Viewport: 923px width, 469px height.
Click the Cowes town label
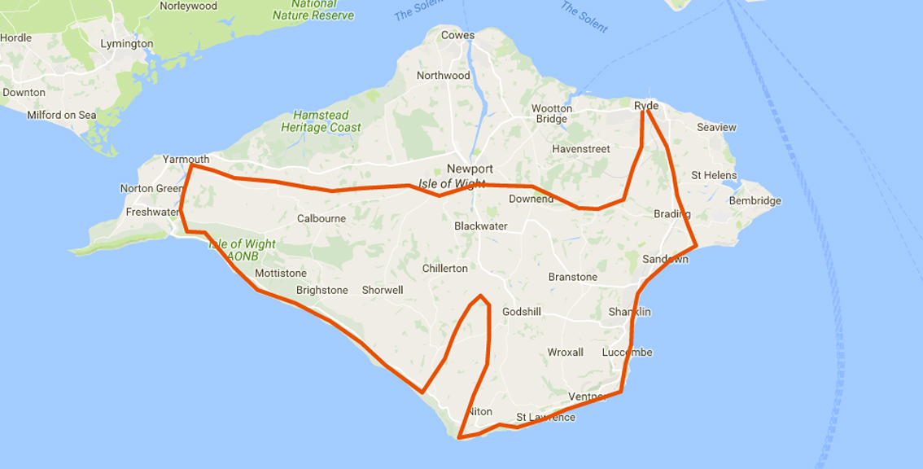457,35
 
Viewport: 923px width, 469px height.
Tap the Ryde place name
645,106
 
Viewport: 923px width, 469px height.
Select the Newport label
470,169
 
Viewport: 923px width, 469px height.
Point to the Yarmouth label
186,159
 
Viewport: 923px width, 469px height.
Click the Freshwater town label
152,213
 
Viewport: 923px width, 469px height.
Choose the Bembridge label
755,200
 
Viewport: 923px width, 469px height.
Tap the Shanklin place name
629,313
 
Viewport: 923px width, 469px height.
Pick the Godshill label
522,312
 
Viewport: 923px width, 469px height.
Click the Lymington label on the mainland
126,43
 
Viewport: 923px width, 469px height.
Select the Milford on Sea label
62,116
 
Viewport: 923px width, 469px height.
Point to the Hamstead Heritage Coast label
321,121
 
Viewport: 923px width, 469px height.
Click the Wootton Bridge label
551,114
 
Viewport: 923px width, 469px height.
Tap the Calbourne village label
321,218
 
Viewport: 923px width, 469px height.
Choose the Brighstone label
322,290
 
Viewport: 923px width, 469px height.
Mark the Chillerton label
445,268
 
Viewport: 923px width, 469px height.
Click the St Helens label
714,175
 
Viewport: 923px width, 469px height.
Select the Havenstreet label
581,149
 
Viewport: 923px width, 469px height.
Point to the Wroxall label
565,353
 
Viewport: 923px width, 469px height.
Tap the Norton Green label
152,188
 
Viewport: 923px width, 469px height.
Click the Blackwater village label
481,226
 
